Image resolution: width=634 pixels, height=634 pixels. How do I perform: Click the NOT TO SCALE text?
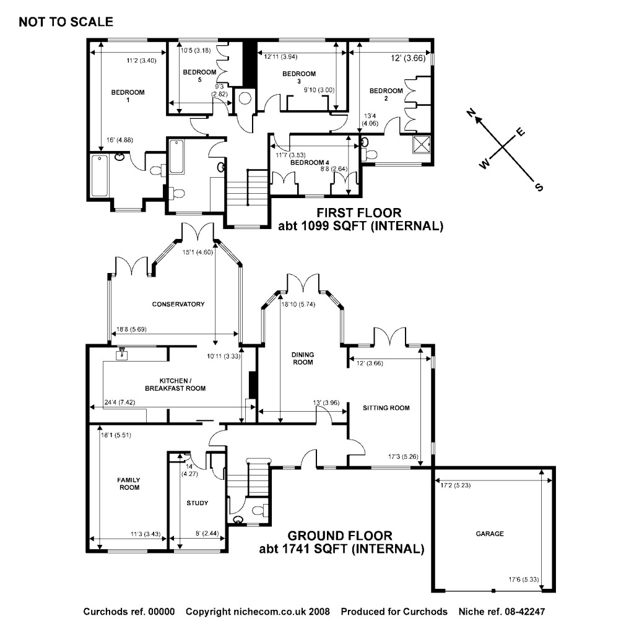coord(66,22)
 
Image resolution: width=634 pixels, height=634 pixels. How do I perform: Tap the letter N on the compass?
coord(471,112)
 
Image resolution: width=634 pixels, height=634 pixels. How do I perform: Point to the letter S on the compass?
coord(539,186)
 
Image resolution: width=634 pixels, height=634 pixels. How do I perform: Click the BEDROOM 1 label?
coord(128,96)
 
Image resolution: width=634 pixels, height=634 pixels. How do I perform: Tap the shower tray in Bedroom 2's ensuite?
coord(422,144)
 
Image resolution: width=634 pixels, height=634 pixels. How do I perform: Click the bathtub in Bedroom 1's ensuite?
coord(99,176)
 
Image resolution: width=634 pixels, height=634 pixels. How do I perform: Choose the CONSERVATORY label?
coord(178,304)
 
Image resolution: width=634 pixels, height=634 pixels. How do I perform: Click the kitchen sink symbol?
coord(123,353)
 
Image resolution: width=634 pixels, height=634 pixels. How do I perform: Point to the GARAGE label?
coord(490,534)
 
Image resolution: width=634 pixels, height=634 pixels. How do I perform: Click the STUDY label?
coord(198,503)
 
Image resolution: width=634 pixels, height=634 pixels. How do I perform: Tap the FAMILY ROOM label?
coord(129,484)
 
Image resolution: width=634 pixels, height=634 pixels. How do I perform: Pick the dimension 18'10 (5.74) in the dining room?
coord(299,305)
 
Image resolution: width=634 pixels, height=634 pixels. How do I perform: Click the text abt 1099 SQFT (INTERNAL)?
coord(360,227)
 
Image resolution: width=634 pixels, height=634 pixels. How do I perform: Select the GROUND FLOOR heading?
coord(341,536)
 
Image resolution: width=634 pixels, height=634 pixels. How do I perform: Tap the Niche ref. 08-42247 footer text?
coord(502,612)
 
